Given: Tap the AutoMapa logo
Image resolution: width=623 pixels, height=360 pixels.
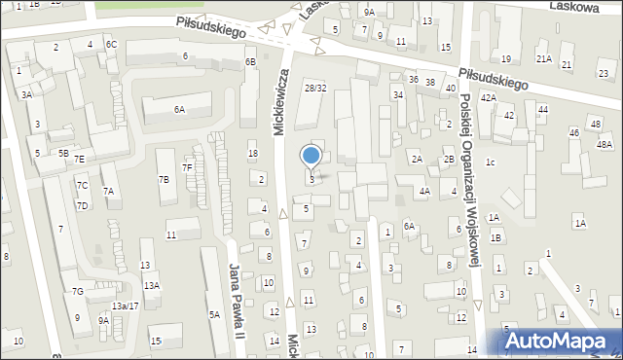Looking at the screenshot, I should [x=562, y=341].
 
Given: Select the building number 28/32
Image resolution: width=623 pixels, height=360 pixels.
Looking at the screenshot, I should [x=313, y=89].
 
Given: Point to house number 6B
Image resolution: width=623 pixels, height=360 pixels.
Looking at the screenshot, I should [x=250, y=62].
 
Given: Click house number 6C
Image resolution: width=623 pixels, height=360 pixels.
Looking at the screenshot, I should [x=112, y=45].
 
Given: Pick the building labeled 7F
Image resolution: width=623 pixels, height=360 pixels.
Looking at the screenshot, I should [x=187, y=167].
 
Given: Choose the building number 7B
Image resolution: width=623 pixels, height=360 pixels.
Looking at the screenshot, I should [x=164, y=179].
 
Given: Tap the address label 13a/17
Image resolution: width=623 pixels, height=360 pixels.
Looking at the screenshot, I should [x=125, y=306].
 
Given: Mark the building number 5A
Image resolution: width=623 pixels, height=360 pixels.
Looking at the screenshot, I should [x=213, y=314].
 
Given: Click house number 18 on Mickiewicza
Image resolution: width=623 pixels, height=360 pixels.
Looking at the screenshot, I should [x=253, y=154].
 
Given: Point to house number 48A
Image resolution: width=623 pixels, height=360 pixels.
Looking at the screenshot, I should [x=605, y=144].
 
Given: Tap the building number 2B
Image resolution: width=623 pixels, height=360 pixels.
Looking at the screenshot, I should [x=449, y=159].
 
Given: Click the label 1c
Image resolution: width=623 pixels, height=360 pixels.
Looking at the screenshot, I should [x=491, y=162].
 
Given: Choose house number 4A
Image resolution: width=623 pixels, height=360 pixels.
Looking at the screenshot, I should [x=424, y=192].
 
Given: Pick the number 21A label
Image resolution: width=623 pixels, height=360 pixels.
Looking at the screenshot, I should [x=543, y=59].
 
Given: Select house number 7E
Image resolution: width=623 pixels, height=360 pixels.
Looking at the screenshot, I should [x=80, y=159].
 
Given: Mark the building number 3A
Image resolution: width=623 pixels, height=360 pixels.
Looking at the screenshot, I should [x=27, y=94].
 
